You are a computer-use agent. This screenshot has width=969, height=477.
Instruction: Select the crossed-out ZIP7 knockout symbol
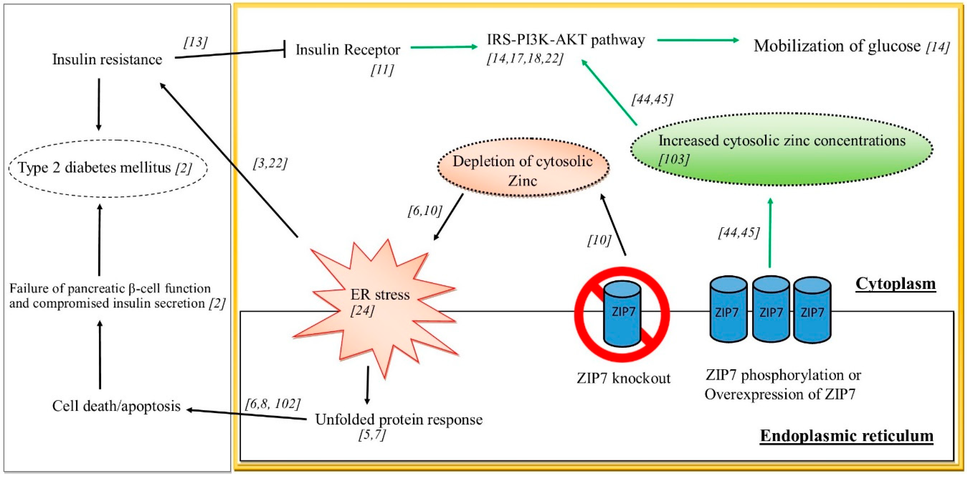[x=622, y=314]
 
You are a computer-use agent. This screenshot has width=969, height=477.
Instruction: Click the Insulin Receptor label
[x=348, y=50]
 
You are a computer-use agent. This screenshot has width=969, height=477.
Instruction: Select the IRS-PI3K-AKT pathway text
[x=566, y=40]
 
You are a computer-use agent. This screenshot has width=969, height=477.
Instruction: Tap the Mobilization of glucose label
[x=837, y=46]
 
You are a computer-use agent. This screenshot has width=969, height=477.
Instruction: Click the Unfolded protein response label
[x=399, y=419]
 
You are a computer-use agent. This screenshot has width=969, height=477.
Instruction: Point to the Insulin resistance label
[x=107, y=59]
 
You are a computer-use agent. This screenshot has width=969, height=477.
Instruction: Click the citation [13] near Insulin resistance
[x=195, y=42]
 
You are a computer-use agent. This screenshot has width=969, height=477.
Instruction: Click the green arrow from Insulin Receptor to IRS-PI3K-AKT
[x=444, y=47]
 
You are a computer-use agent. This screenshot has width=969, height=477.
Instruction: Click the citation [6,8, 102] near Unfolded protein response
[x=273, y=404]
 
